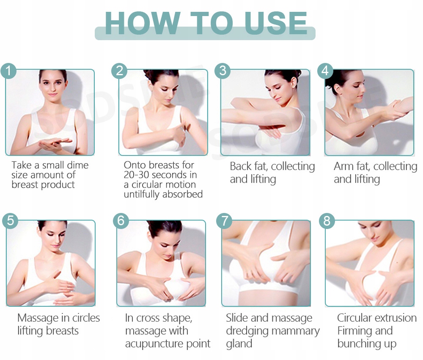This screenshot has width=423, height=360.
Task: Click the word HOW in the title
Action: tap(143, 23)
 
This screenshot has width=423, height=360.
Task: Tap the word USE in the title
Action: tap(275, 23)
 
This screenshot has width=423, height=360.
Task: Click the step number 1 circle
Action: tap(8, 71)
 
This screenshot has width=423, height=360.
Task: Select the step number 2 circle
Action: tap(119, 71)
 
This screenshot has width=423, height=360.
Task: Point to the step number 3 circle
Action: tap(222, 71)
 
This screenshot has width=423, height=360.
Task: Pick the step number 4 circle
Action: tap(325, 71)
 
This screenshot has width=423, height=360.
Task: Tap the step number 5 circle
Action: tap(10, 221)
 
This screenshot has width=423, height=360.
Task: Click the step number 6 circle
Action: tap(121, 221)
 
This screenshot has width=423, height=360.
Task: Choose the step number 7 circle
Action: tap(224, 221)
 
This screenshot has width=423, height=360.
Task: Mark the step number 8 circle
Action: tap(327, 221)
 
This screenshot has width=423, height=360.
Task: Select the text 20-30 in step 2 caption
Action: tap(136, 175)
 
